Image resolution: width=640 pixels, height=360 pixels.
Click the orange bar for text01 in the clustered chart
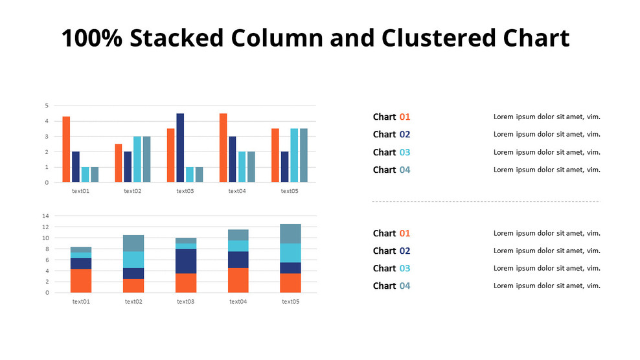tap(66, 149)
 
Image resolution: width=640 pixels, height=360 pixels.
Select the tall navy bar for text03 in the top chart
tap(180, 148)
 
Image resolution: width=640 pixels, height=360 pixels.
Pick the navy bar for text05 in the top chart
tap(285, 166)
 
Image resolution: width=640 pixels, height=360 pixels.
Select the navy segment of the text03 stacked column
tap(186, 261)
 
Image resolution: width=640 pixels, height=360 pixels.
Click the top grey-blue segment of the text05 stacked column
tap(290, 234)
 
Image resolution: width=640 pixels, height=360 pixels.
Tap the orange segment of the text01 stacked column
tap(81, 280)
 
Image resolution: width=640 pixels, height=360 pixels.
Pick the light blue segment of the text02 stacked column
tap(133, 260)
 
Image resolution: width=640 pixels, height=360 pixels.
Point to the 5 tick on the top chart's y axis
tap(47, 106)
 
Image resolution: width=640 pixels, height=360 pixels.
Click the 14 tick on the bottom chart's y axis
tap(45, 216)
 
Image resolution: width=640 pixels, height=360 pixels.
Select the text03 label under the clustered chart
tap(185, 191)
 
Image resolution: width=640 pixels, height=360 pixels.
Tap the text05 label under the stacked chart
tap(290, 301)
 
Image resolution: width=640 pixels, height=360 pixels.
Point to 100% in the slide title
tap(91, 39)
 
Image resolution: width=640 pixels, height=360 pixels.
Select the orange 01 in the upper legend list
tap(405, 117)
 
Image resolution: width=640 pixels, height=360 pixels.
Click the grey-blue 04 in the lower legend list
tap(405, 286)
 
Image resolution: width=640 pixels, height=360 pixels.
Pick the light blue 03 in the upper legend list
tap(405, 152)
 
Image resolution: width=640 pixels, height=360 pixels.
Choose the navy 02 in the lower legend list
tap(405, 251)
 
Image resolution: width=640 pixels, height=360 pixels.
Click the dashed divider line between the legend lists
tap(485, 202)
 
